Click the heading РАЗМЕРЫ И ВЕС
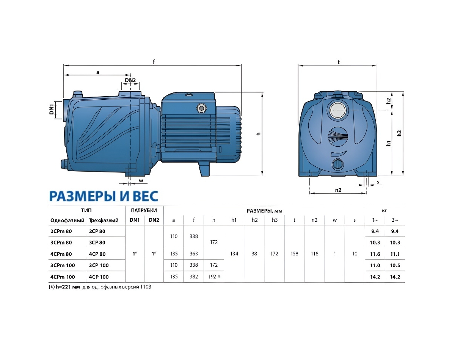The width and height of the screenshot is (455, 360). [x=104, y=196]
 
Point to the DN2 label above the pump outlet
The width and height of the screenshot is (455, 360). [x=130, y=80]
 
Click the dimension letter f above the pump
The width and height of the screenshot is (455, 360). [x=154, y=61]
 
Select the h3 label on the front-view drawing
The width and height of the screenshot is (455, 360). [x=399, y=133]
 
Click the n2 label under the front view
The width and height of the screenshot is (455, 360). [x=338, y=190]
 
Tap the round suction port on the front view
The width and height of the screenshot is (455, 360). [x=338, y=110]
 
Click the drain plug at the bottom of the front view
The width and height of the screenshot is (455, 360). [x=338, y=164]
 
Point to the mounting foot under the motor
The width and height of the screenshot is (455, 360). [x=204, y=169]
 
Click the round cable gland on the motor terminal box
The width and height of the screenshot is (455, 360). [x=201, y=108]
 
